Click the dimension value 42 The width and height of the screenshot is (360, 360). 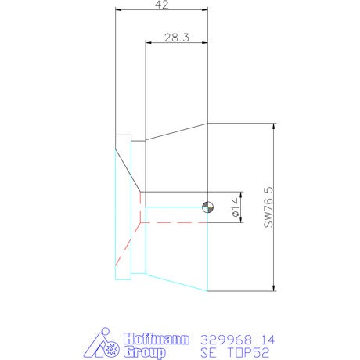click(162, 5)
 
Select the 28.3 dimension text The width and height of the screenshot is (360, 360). click(177, 38)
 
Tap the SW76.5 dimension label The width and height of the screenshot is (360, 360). click(268, 207)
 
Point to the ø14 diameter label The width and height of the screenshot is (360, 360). click(236, 207)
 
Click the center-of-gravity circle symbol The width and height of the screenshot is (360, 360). click(207, 207)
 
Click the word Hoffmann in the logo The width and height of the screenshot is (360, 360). click(156, 339)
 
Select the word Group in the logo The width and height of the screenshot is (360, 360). click(145, 352)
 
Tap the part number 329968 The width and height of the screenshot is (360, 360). click(226, 340)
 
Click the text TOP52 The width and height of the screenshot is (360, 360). click(248, 353)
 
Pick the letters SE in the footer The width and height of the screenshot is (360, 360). click(208, 353)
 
